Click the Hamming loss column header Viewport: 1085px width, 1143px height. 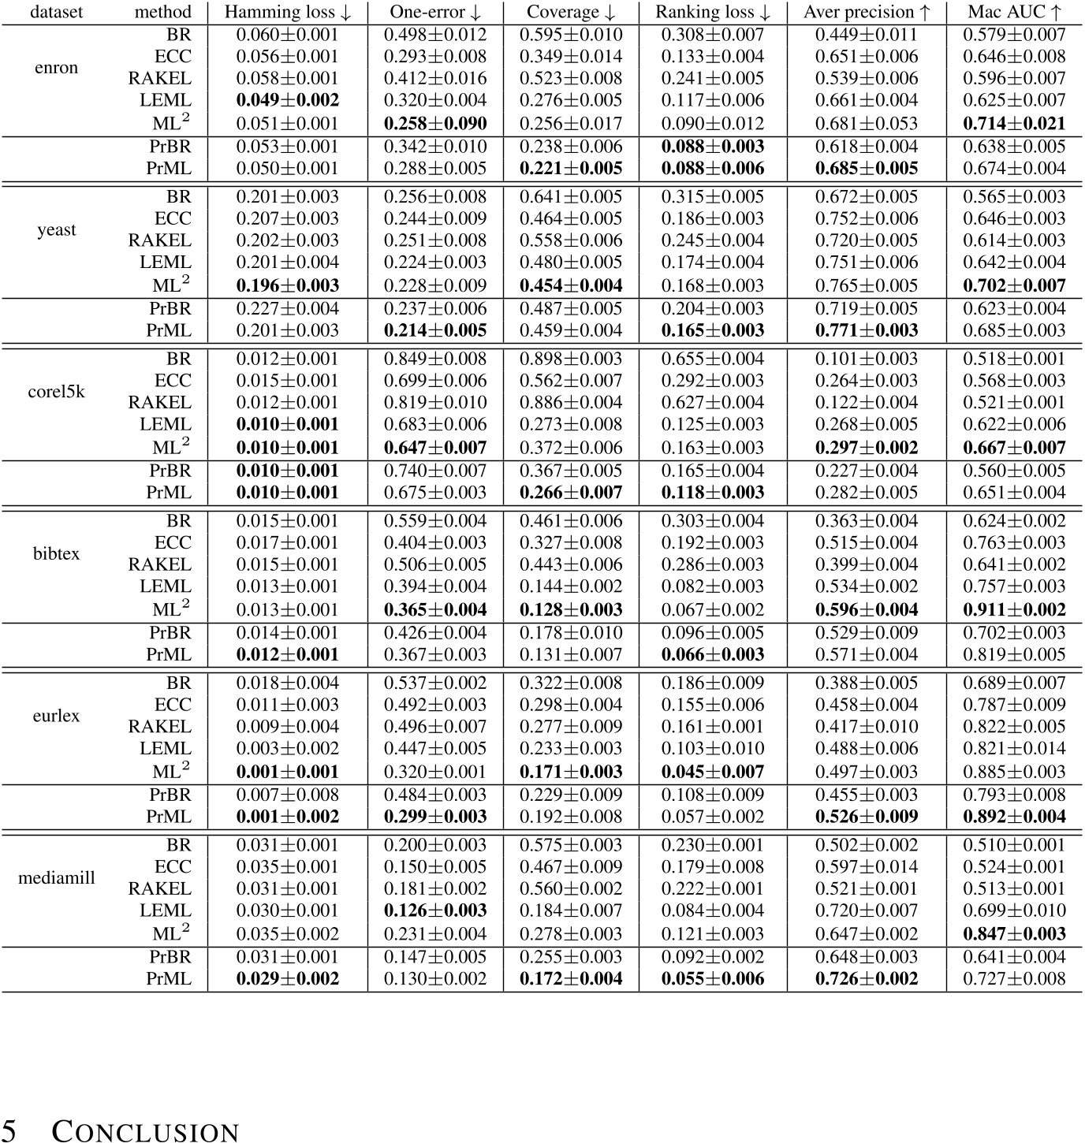(x=288, y=12)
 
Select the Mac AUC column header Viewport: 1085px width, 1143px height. (x=1014, y=12)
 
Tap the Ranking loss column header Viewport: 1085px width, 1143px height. (x=713, y=12)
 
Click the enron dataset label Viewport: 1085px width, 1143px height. (x=57, y=68)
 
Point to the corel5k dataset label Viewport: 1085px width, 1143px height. (x=57, y=392)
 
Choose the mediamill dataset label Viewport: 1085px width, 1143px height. (x=57, y=877)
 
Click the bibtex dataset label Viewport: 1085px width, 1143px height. (x=57, y=553)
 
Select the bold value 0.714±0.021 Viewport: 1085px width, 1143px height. (x=1014, y=124)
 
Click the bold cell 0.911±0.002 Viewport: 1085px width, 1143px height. (x=1014, y=610)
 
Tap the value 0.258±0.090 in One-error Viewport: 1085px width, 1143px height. (x=435, y=124)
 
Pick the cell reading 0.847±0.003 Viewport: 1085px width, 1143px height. (x=1014, y=934)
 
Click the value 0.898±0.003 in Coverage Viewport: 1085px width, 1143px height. (x=571, y=359)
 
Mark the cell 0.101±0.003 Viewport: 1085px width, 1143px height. (x=867, y=359)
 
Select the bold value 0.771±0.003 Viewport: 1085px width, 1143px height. (x=867, y=330)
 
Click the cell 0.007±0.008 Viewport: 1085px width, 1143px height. (x=288, y=795)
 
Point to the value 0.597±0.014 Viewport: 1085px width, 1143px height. (x=867, y=867)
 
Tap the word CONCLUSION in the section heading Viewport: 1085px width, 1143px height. (x=145, y=1132)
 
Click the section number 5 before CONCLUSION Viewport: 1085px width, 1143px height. (x=11, y=1130)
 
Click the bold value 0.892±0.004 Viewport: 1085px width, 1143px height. (x=1014, y=817)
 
